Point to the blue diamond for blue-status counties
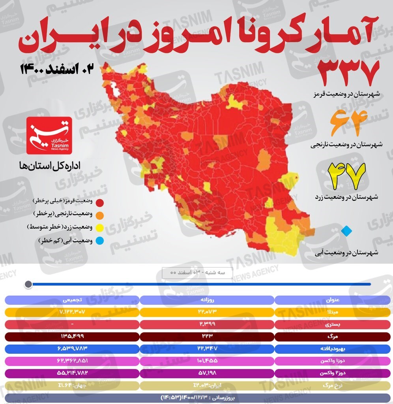346,231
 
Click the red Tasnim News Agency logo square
49,136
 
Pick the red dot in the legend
100,203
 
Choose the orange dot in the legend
100,215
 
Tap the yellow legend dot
100,228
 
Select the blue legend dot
100,241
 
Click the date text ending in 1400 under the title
58,69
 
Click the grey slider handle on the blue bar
28,284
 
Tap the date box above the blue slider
197,273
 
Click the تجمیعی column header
71,300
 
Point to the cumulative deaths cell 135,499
71,336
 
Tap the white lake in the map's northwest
115,88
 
